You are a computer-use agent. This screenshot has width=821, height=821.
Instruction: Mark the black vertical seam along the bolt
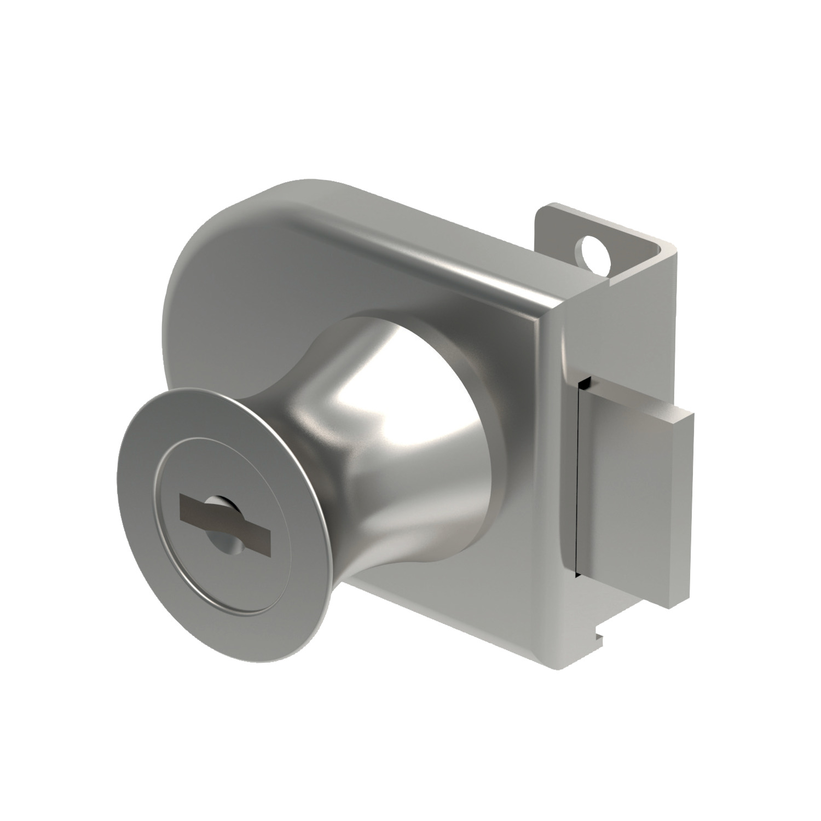(578, 493)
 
